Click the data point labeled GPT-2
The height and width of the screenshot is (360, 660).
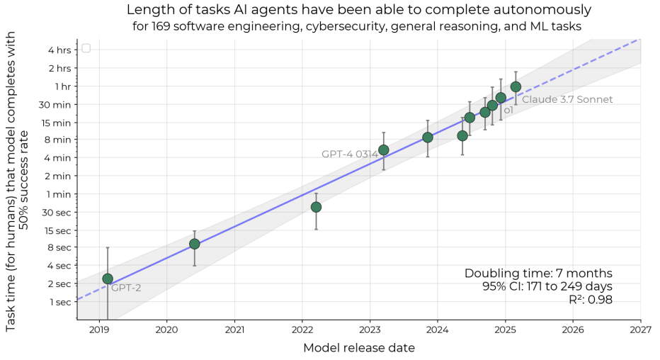pyautogui.click(x=108, y=279)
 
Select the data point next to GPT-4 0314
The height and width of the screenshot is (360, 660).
pyautogui.click(x=383, y=150)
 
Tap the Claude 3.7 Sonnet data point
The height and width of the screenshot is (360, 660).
pyautogui.click(x=516, y=86)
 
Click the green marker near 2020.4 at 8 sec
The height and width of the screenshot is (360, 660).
pyautogui.click(x=195, y=244)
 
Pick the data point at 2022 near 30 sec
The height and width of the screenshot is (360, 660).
pyautogui.click(x=316, y=207)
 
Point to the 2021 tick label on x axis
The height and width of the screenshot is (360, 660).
pyautogui.click(x=234, y=330)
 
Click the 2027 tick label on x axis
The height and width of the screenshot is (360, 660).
pyautogui.click(x=641, y=330)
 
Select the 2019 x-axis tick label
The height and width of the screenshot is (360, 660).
pyautogui.click(x=99, y=330)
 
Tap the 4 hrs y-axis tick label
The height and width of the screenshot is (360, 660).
pyautogui.click(x=59, y=50)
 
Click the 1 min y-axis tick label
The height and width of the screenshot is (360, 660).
pyautogui.click(x=59, y=194)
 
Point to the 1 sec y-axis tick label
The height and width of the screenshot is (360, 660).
pyautogui.click(x=59, y=302)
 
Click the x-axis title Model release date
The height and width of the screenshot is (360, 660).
pyautogui.click(x=358, y=348)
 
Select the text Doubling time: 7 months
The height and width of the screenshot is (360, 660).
pyautogui.click(x=538, y=274)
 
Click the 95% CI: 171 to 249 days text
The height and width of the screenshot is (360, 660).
pyautogui.click(x=547, y=287)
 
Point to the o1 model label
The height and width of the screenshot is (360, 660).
pyautogui.click(x=508, y=111)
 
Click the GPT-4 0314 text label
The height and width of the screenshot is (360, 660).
pyautogui.click(x=349, y=154)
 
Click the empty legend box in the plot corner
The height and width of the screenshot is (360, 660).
pyautogui.click(x=86, y=48)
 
